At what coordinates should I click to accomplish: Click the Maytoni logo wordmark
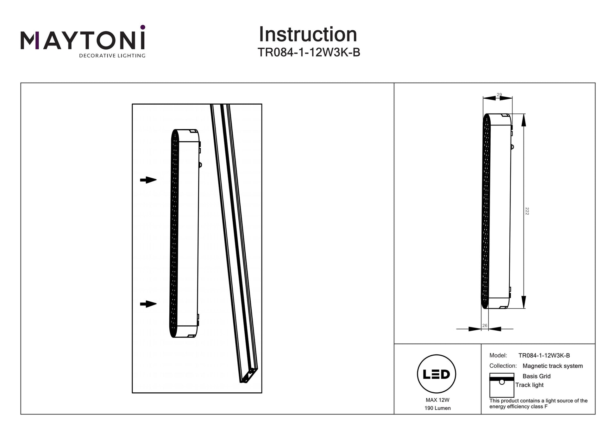coord(83,40)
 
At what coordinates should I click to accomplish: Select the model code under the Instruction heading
coord(309,52)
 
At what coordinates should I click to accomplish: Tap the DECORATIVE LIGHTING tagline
coord(112,56)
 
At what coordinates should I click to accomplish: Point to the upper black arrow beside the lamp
coord(148,180)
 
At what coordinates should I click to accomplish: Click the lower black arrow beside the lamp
coord(148,304)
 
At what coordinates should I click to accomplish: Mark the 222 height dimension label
coord(527,211)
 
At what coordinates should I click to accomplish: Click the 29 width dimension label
coord(499,95)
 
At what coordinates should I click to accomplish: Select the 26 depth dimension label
coord(485,326)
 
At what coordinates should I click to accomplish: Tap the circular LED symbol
coord(437,374)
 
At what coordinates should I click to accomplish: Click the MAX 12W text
coord(437,400)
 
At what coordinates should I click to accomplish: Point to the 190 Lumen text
coord(437,408)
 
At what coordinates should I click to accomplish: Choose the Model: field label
coord(498,355)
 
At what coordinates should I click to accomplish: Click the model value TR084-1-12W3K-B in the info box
coord(544,355)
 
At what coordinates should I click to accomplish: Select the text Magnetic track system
coord(552,366)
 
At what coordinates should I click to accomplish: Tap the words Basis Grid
coord(536,376)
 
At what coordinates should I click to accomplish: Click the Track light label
coord(529,385)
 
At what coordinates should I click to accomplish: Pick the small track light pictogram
coord(501,385)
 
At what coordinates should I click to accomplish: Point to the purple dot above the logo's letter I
coord(143,27)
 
